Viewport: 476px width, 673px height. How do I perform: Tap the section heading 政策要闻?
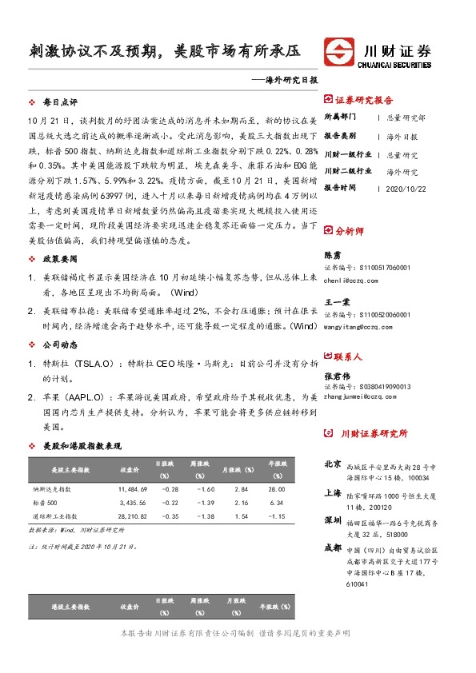click(60, 260)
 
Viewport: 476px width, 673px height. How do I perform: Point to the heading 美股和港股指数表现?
click(82, 444)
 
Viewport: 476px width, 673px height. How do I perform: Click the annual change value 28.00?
click(276, 488)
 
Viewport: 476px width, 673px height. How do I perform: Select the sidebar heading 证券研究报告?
click(364, 101)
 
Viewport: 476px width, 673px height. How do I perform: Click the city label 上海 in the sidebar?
click(334, 493)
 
